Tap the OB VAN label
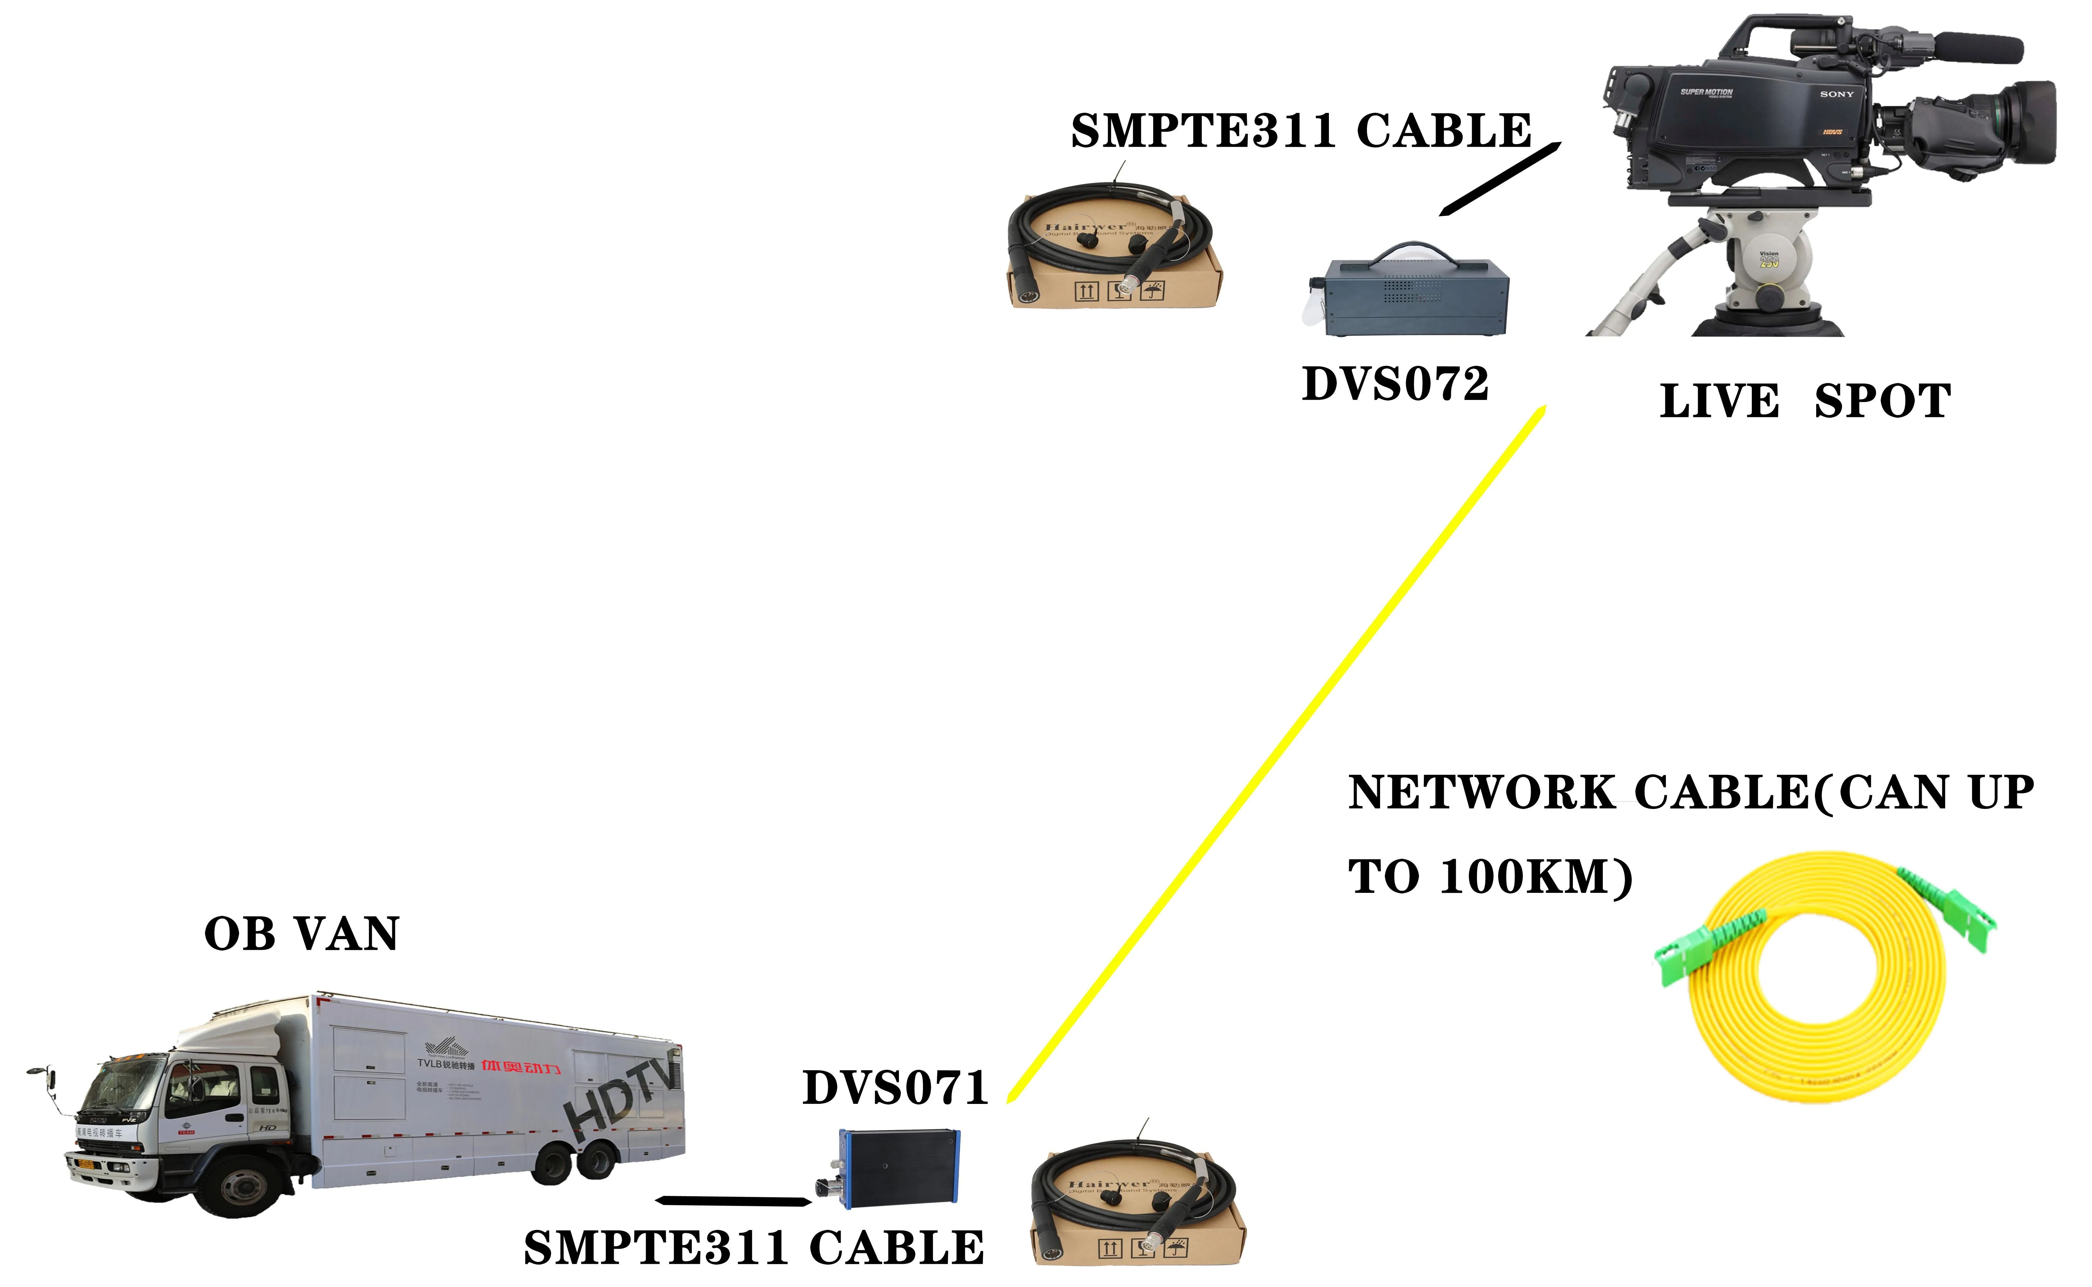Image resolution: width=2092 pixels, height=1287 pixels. [302, 935]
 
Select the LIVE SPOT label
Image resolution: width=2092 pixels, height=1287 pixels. [1805, 402]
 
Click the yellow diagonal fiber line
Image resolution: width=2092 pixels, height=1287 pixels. [1277, 753]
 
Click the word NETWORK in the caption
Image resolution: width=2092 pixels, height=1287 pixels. [1481, 793]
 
